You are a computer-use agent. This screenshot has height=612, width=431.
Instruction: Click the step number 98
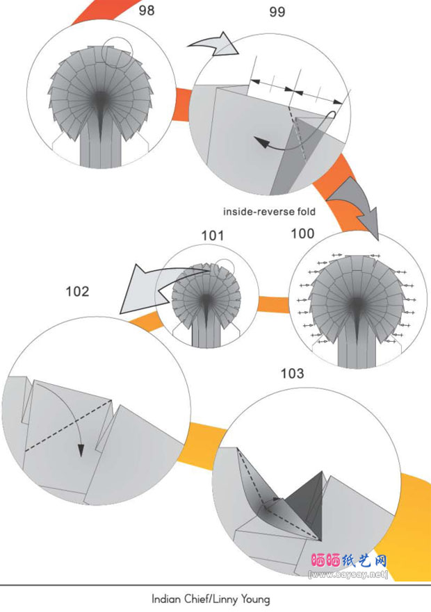(147, 10)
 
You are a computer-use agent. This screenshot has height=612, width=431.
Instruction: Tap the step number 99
(277, 12)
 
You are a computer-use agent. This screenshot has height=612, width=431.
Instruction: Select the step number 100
(302, 233)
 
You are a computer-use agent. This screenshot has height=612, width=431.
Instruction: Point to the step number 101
(213, 235)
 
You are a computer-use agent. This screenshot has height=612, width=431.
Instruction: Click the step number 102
(77, 292)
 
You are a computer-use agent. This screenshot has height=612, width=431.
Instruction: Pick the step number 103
(292, 374)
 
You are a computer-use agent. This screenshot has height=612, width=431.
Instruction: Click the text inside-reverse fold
(269, 212)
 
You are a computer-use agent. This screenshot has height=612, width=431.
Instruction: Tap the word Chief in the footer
(190, 599)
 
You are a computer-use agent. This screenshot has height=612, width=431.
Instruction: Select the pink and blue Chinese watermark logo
(349, 561)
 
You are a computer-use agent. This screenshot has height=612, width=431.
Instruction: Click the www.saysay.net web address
(348, 574)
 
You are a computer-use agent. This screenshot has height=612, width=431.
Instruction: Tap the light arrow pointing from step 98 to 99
(215, 44)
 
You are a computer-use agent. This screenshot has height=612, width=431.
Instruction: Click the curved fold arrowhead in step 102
(81, 450)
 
